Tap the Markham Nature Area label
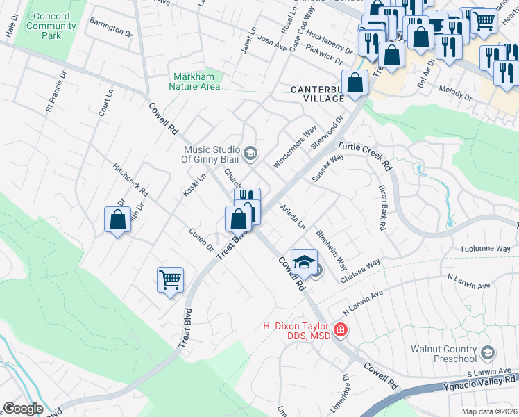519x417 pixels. [195, 81]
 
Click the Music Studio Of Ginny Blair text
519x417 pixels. [212, 154]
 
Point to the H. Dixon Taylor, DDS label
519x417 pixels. [296, 331]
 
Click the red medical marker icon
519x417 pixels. [340, 329]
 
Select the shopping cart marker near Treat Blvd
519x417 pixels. [170, 280]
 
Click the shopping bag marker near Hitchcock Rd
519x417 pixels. [117, 220]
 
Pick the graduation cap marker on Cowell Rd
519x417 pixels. [303, 262]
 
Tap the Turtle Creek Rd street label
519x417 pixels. [365, 157]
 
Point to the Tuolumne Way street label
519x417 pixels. [485, 248]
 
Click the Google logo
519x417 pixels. [23, 409]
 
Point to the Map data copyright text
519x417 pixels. [488, 411]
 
